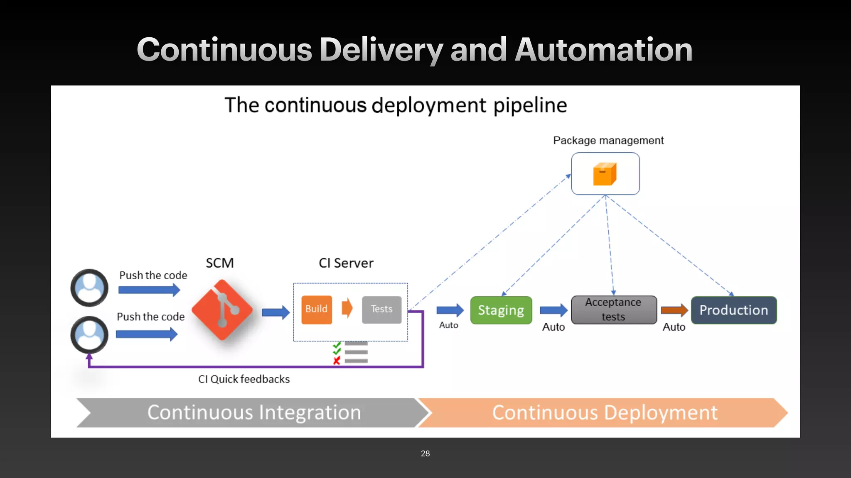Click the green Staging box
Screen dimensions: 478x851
pyautogui.click(x=501, y=310)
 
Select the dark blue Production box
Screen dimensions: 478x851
pyautogui.click(x=733, y=310)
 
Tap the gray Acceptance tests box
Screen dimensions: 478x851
pyautogui.click(x=613, y=310)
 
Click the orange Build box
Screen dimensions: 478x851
pyautogui.click(x=317, y=309)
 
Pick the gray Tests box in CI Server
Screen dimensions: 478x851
pyautogui.click(x=381, y=309)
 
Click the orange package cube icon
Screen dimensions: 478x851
pyautogui.click(x=605, y=174)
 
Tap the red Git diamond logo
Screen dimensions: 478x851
pyautogui.click(x=222, y=310)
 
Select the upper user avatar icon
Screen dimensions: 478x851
pyautogui.click(x=89, y=288)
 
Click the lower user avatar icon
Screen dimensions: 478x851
pyautogui.click(x=89, y=334)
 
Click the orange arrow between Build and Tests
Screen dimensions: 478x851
pyautogui.click(x=347, y=308)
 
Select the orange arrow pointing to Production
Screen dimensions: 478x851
pyautogui.click(x=674, y=310)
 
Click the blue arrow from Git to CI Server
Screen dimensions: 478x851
pyautogui.click(x=275, y=312)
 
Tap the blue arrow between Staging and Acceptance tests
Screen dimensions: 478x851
pyautogui.click(x=553, y=310)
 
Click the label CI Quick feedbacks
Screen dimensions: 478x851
pyautogui.click(x=244, y=379)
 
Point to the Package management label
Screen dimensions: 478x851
pyautogui.click(x=608, y=141)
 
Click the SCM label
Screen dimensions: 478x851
pyautogui.click(x=220, y=263)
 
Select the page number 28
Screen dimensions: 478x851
pyautogui.click(x=425, y=454)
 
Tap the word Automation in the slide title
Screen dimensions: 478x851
pyautogui.click(x=603, y=50)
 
